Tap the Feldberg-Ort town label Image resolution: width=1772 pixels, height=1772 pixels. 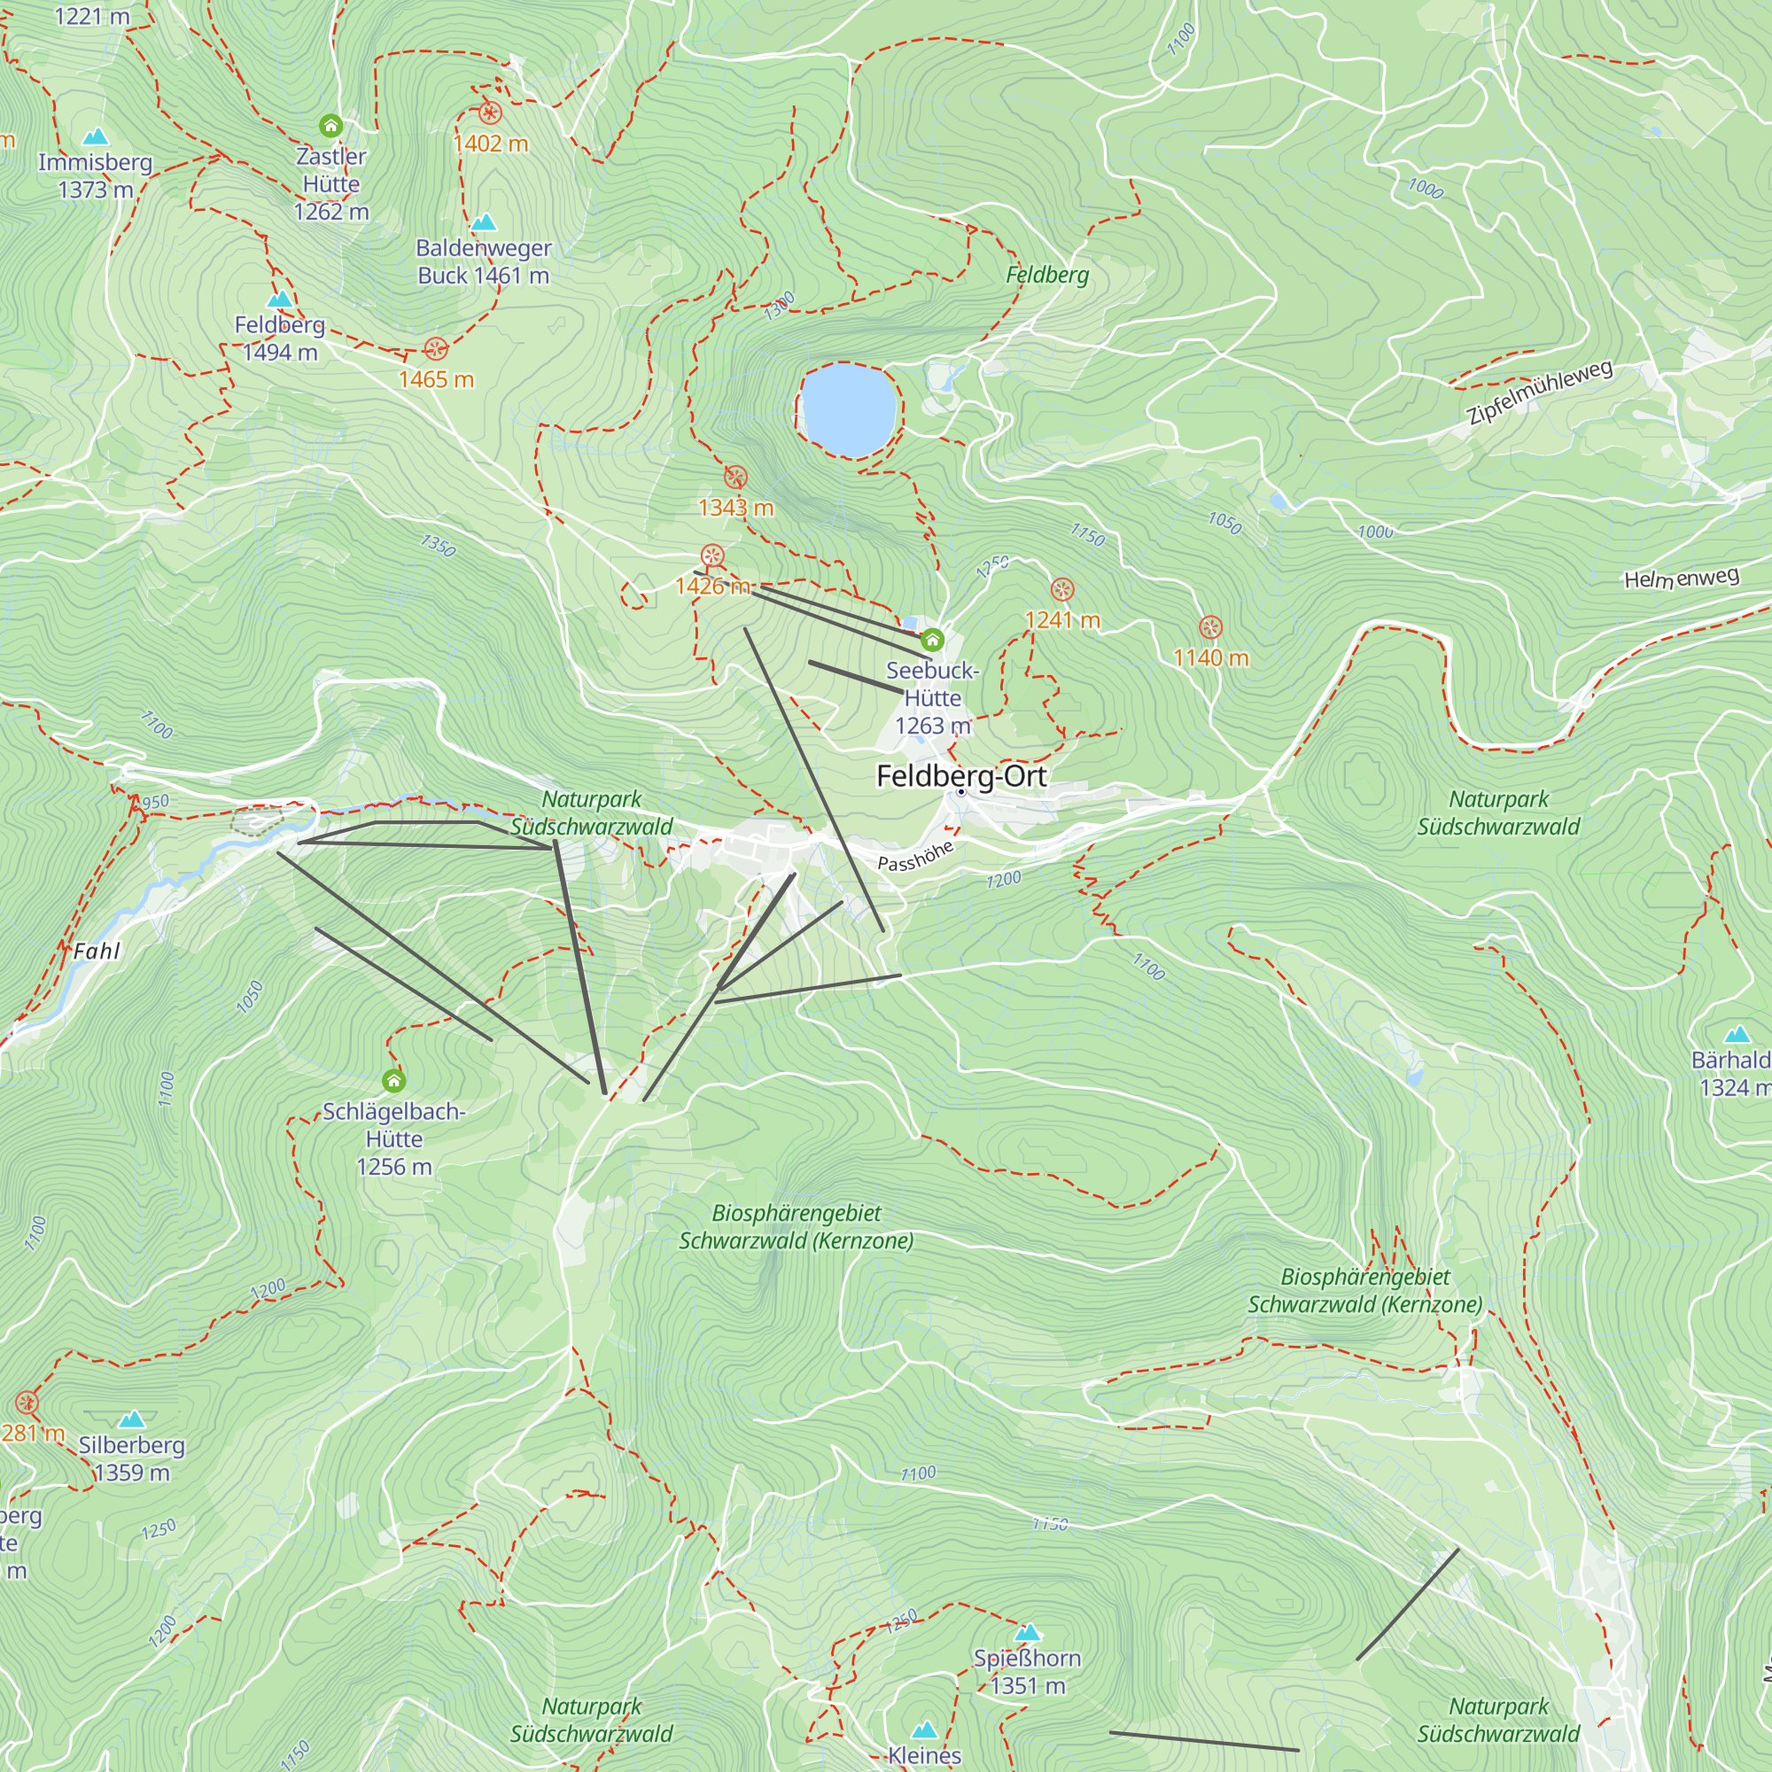point(960,776)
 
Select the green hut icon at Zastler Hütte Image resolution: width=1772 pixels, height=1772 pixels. point(330,125)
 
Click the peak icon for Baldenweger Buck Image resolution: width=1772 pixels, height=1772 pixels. point(484,222)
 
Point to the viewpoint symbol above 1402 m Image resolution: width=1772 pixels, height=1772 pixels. point(490,113)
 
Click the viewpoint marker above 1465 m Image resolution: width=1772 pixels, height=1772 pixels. point(436,348)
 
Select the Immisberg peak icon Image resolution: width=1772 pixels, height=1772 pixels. point(96,136)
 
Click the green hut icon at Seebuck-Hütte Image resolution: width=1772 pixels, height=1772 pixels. point(932,640)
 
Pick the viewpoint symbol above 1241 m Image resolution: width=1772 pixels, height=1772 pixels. point(1061,589)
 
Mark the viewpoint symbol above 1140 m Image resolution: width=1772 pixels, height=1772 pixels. point(1210,627)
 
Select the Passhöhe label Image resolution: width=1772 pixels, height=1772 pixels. point(914,856)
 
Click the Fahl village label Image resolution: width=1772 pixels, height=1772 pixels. point(97,950)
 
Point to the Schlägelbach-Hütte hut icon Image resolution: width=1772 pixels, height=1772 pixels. point(393,1080)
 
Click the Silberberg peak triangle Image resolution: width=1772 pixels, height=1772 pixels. point(132,1418)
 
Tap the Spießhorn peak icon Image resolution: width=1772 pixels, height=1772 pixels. point(1028,1632)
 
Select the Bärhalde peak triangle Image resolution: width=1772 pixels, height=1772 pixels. point(1737,1035)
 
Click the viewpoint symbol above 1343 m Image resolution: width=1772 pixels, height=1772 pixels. point(735,477)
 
